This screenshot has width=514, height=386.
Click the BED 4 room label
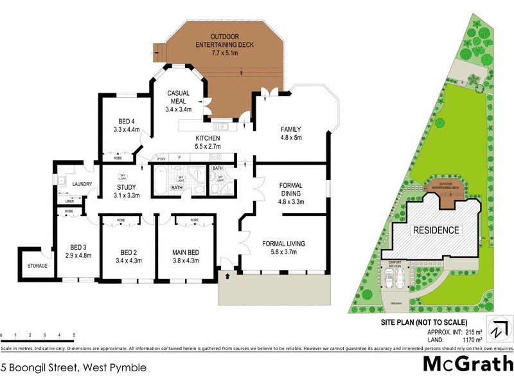pos(127,121)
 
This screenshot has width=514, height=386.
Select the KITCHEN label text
pos(208,138)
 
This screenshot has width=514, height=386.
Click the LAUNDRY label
pos(83,185)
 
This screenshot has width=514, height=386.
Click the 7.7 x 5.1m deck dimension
pos(225,53)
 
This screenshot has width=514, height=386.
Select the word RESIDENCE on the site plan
pos(436,230)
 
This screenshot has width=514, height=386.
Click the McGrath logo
pos(467,364)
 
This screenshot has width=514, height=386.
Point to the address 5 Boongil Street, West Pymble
pos(73,368)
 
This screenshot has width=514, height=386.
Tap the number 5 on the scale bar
pos(74,336)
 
